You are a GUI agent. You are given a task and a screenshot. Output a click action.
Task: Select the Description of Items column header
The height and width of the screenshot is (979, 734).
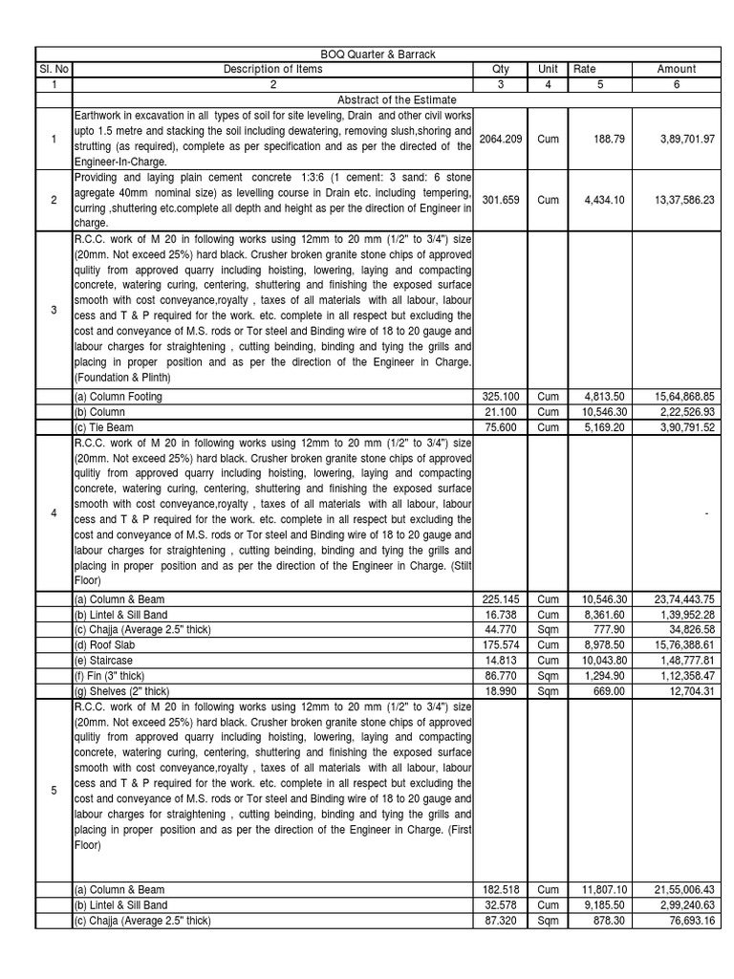click(x=272, y=69)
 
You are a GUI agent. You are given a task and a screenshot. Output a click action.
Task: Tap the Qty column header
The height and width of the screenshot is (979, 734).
click(x=501, y=69)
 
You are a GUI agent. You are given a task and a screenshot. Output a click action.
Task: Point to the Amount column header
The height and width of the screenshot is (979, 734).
click(x=677, y=69)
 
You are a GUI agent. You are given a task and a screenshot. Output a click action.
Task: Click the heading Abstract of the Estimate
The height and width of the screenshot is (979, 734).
click(x=397, y=99)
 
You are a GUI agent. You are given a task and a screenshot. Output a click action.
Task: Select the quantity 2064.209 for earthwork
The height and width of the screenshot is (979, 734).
click(x=501, y=139)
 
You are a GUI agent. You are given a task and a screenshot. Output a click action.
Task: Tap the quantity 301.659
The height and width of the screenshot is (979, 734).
click(x=501, y=200)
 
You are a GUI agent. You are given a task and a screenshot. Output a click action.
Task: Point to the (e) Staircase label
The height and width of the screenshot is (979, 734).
click(x=103, y=660)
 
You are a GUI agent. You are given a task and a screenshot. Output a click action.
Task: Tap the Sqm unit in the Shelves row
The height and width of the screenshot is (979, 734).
click(x=548, y=690)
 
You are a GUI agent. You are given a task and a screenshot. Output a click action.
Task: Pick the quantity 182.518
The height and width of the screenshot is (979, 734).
click(x=501, y=889)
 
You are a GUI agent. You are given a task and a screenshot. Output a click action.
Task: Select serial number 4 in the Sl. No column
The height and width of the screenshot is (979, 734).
click(x=54, y=513)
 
